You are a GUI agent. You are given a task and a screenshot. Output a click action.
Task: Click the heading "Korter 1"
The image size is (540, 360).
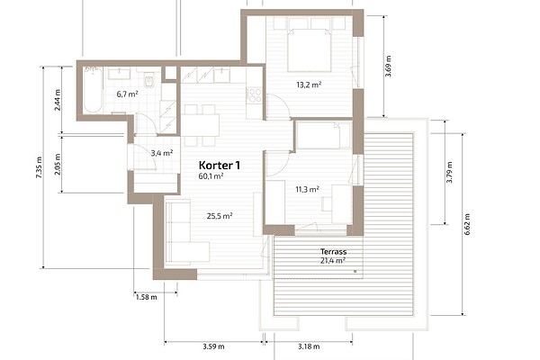click(x=220, y=166)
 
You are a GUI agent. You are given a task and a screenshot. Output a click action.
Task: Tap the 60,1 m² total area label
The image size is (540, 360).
click(x=211, y=176)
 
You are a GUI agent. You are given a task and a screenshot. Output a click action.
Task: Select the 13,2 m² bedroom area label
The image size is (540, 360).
click(x=309, y=85)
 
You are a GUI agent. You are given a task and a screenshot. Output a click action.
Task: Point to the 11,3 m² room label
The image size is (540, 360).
click(x=307, y=189)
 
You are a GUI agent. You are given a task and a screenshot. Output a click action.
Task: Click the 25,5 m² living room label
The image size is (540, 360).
click(x=220, y=216)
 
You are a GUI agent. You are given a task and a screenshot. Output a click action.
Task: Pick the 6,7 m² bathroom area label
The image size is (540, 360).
click(x=128, y=94)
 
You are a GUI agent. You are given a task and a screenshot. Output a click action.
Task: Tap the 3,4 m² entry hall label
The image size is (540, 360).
click(x=162, y=153)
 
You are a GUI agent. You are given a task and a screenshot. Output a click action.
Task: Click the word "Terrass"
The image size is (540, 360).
click(x=333, y=251)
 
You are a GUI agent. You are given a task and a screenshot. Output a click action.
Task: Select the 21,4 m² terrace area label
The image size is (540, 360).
click(x=333, y=260)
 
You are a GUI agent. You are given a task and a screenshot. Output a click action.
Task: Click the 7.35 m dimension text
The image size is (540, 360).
click(x=39, y=167)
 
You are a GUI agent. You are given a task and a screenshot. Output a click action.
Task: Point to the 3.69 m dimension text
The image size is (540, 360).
click(x=388, y=66)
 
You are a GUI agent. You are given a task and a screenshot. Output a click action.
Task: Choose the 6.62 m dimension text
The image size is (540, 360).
click(x=467, y=224)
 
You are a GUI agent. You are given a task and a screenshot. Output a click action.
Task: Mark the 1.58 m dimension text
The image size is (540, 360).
click(x=147, y=297)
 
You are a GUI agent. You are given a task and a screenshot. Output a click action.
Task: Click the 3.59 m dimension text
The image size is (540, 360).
click(x=213, y=346)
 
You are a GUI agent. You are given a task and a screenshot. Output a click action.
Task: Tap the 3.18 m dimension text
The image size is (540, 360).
click(x=309, y=346)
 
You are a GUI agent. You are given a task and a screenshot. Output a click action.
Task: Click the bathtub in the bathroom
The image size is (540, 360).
click(x=93, y=90)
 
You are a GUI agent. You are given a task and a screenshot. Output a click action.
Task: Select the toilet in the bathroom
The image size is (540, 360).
click(x=149, y=82)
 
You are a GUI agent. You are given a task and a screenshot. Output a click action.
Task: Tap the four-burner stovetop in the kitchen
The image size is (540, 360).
click(x=255, y=95)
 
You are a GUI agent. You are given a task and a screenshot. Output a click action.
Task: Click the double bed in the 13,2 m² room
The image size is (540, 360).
click(x=310, y=50)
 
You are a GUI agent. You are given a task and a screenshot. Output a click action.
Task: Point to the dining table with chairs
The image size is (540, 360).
click(x=200, y=125)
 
